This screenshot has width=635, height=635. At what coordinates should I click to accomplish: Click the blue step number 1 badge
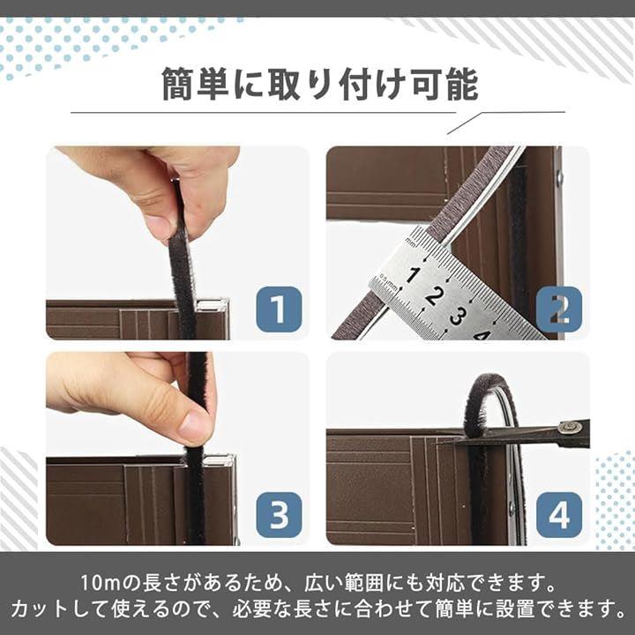[279, 309]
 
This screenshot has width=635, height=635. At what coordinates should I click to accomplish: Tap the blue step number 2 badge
[559, 309]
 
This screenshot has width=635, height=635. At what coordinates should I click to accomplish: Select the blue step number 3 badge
[279, 515]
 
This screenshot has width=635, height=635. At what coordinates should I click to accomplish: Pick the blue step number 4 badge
[559, 515]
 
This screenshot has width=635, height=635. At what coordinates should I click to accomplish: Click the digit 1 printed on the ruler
[412, 275]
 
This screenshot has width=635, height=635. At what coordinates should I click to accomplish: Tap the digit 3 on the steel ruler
[457, 316]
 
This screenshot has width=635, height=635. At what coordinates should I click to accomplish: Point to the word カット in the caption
[40, 609]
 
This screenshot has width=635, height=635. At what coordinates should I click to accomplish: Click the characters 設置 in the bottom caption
[515, 609]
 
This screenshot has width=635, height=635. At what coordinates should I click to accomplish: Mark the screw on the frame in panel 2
[560, 177]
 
